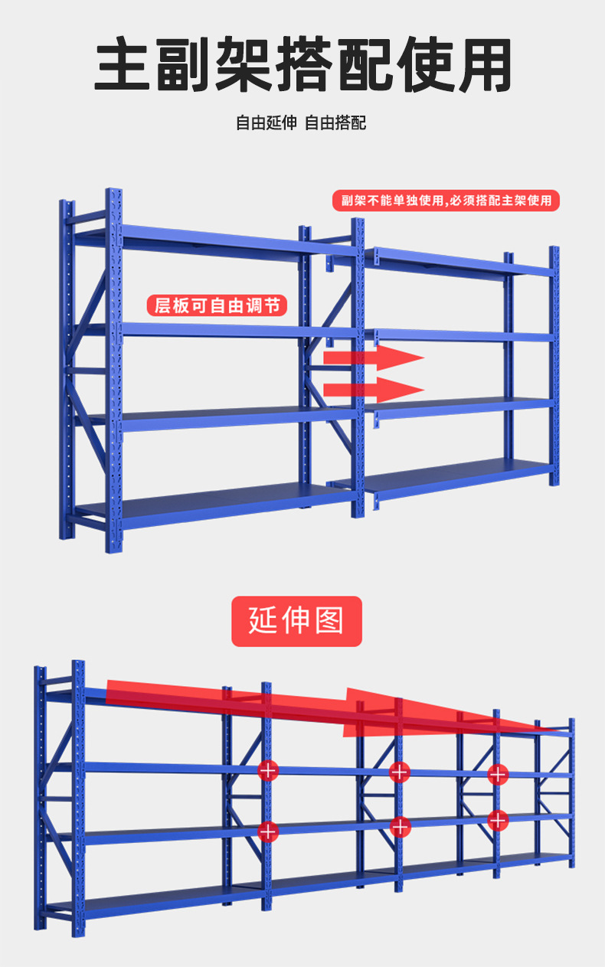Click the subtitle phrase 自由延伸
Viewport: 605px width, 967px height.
[266, 123]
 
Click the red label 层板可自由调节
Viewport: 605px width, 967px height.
[217, 306]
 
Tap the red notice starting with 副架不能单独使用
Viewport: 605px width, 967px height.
[446, 201]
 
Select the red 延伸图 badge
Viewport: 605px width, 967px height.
[296, 621]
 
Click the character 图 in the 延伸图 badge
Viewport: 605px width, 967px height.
[329, 621]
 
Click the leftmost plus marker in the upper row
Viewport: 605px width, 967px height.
[268, 771]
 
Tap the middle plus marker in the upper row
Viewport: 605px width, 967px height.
[400, 772]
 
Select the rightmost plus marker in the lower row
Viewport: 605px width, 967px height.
[498, 821]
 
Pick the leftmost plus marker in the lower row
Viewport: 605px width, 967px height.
[268, 829]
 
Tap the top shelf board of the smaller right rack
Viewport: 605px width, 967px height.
[459, 262]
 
